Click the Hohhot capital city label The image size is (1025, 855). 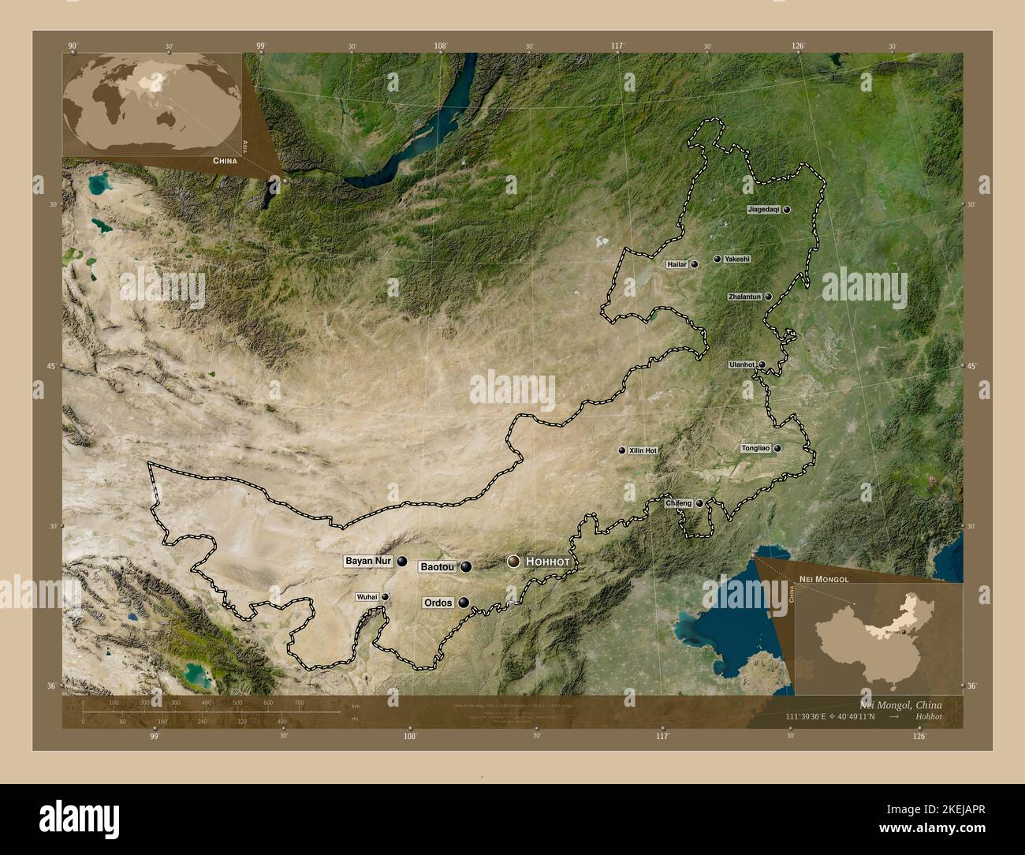[x=547, y=562]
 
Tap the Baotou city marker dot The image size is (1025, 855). [x=467, y=566]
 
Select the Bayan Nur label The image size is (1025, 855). [x=367, y=562]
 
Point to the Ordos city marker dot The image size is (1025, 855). [x=464, y=603]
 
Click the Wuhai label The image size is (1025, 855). [x=367, y=597]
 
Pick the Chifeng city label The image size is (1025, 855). [x=678, y=503]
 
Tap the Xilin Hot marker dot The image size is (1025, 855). [x=621, y=450]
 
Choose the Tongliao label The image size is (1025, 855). [x=755, y=448]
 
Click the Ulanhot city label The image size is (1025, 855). [x=742, y=364]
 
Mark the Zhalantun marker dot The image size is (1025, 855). [x=768, y=297]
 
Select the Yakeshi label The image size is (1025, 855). [x=737, y=259]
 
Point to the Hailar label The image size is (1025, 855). [x=677, y=264]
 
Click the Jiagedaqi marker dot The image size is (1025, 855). [x=787, y=210]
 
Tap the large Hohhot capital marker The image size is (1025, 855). [x=514, y=562]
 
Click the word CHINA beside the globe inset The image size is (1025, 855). [x=224, y=160]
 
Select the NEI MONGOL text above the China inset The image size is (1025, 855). [x=823, y=580]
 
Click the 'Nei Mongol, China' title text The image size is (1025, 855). [x=898, y=704]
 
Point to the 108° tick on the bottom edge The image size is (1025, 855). [x=409, y=737]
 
